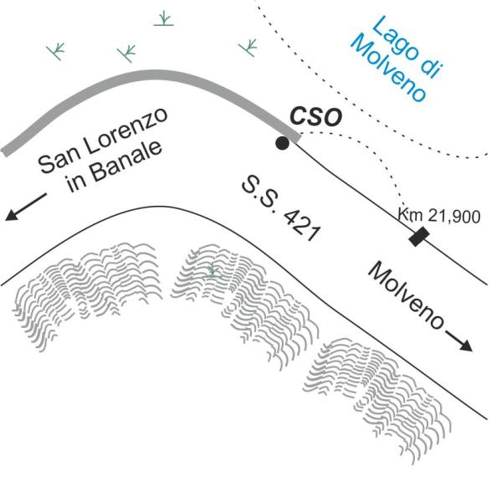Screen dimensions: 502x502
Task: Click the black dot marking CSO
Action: [x=282, y=143]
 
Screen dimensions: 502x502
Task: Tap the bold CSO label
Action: [x=315, y=116]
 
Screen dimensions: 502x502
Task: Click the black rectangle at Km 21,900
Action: [x=419, y=237]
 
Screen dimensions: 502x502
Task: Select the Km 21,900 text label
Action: [x=439, y=216]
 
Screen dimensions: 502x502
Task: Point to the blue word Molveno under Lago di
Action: [x=389, y=69]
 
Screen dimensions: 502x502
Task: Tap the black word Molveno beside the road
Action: [x=406, y=295]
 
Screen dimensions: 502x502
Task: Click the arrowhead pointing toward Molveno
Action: [x=466, y=346]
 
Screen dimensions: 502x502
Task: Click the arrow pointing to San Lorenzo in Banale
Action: [x=26, y=207]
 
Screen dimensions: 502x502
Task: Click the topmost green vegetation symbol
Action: [x=164, y=18]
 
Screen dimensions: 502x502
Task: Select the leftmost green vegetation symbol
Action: [x=56, y=51]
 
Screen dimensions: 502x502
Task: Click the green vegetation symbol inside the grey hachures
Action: [x=212, y=270]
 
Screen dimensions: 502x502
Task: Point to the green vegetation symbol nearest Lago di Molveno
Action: [x=248, y=48]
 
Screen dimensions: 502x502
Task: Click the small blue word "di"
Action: [x=430, y=67]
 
